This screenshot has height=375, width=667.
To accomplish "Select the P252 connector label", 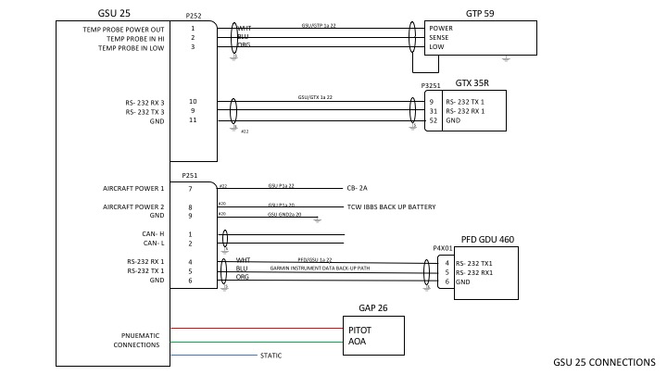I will click(x=193, y=17).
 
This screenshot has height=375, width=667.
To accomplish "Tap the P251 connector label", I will click(x=190, y=175).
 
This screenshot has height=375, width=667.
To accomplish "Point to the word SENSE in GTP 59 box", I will click(x=441, y=38).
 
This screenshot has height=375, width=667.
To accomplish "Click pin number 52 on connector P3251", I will click(x=433, y=120).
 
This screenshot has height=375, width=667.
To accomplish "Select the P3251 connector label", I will click(x=431, y=86).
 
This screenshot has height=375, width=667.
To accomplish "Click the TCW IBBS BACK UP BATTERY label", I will click(x=390, y=206).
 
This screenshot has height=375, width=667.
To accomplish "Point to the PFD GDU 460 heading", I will click(x=486, y=240).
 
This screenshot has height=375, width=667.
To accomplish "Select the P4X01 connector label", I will click(x=442, y=248).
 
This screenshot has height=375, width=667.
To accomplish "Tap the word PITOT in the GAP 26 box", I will click(x=361, y=329).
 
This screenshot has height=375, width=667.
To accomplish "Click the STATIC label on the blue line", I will click(x=271, y=355).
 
